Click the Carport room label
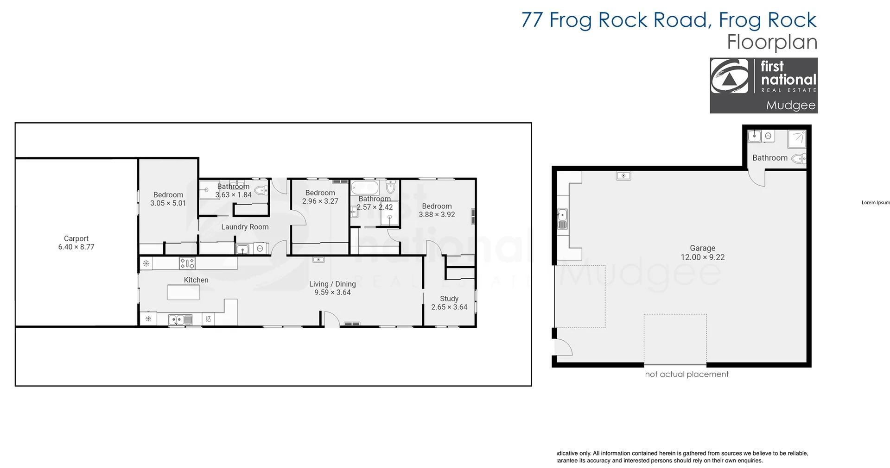click(76, 238)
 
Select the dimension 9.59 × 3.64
click(332, 293)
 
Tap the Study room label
click(449, 299)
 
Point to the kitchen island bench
click(184, 293)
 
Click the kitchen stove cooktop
click(187, 263)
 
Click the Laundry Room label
click(245, 227)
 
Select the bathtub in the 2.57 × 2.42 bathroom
click(365, 187)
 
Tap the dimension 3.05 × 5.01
click(168, 203)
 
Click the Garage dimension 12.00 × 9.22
click(702, 257)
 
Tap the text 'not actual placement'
click(687, 374)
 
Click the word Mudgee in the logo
click(790, 105)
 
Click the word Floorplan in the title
click(771, 42)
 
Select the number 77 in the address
click(532, 20)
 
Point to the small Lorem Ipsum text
click(876, 202)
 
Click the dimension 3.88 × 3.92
click(437, 215)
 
